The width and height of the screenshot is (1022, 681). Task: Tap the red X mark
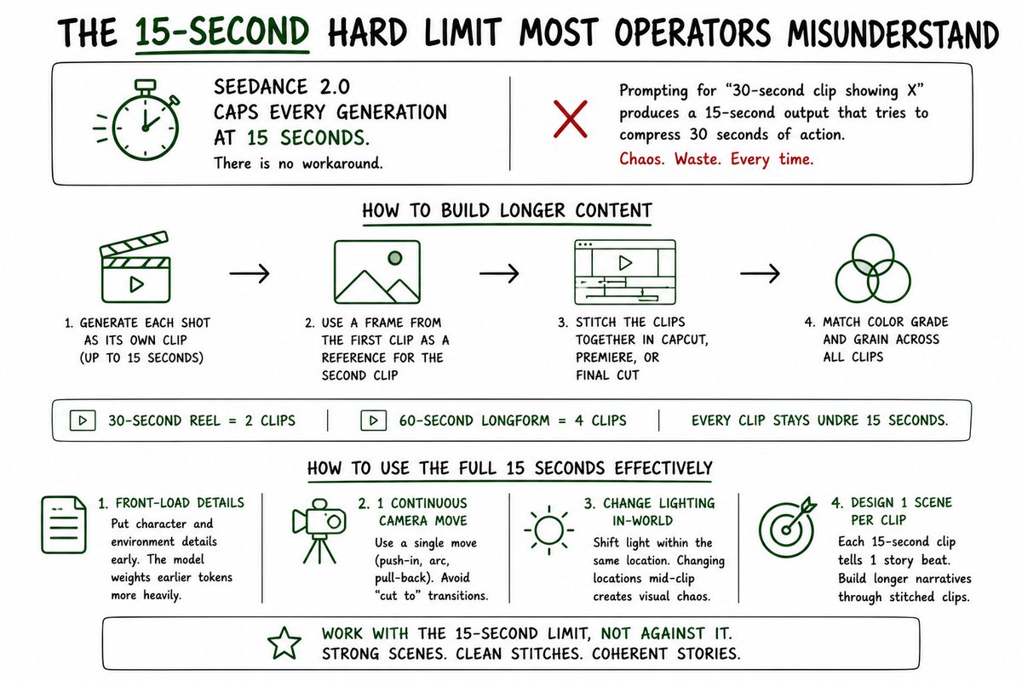point(571,119)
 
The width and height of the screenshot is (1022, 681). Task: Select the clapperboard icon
point(135,268)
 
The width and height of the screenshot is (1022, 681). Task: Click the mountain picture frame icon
point(376,272)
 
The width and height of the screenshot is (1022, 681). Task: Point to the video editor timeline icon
point(625,272)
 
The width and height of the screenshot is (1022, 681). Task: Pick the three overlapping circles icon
point(873,268)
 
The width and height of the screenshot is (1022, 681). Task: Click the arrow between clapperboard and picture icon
point(250,273)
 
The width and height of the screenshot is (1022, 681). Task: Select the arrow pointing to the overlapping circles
point(760,273)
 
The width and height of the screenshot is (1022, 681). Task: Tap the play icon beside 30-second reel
point(83,421)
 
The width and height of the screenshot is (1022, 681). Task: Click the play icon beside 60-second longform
point(374,421)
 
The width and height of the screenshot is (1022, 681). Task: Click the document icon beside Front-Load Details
point(64,524)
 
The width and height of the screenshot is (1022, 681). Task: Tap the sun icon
point(548,530)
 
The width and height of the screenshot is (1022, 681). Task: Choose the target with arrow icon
point(787,527)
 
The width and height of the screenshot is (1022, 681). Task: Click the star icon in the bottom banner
point(284,644)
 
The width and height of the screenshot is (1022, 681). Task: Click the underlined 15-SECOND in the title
point(222,32)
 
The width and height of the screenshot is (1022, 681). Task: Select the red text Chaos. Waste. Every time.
point(716,159)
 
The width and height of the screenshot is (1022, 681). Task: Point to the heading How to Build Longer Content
point(507,211)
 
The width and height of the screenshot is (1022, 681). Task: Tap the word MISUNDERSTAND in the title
point(893,33)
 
